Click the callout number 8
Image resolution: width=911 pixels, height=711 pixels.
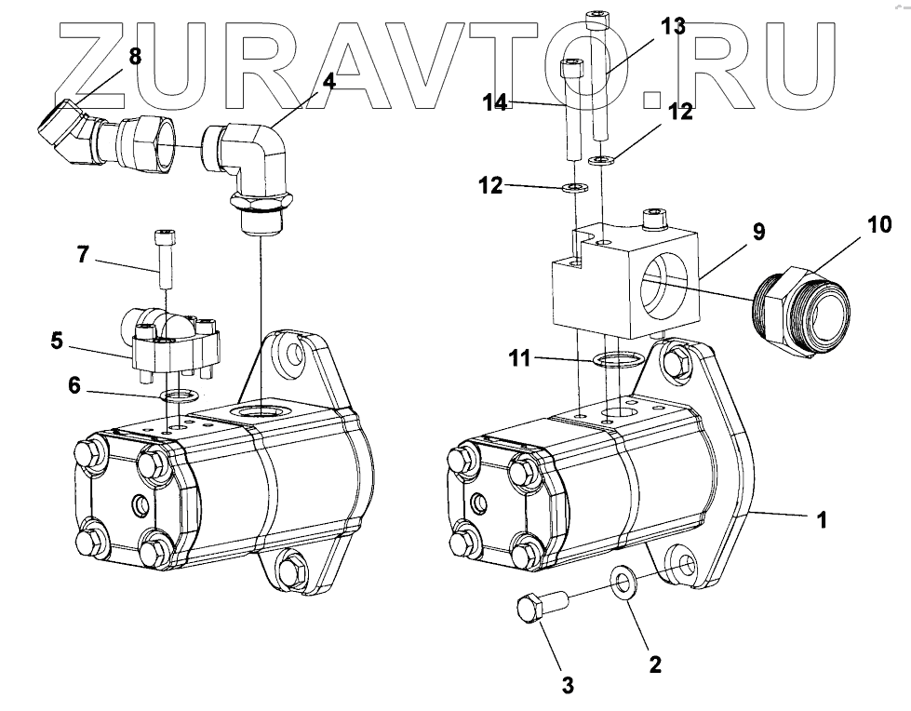[135, 56]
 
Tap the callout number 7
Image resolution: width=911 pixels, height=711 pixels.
[83, 253]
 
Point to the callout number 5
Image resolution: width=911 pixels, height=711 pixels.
[58, 342]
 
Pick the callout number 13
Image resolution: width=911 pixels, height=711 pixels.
[673, 26]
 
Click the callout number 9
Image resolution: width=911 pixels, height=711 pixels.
[758, 231]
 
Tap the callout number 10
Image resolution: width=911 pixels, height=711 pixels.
[879, 224]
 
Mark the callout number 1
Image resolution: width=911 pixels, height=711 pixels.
[821, 520]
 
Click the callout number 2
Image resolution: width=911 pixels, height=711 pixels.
[654, 664]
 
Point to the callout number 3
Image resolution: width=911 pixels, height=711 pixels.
[567, 686]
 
